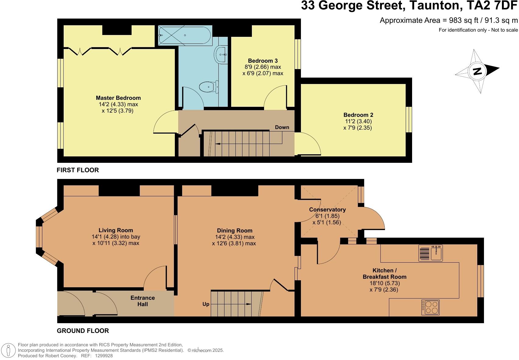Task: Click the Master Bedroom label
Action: tap(118, 98)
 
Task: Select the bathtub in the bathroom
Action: tap(185, 35)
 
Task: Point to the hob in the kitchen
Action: tap(430, 307)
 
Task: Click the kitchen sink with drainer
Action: tap(430, 253)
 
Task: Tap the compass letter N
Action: tap(477, 71)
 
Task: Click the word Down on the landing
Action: tap(282, 127)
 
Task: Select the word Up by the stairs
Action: tap(206, 304)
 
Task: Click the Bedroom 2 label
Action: tap(358, 115)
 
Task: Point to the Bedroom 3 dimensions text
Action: tap(263, 70)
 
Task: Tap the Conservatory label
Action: tap(327, 210)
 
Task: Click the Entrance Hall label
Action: tap(143, 301)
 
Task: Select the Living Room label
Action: tap(116, 230)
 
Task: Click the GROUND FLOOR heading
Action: tap(83, 331)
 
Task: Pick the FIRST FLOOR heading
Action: tap(78, 170)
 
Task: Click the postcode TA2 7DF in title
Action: tap(495, 5)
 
